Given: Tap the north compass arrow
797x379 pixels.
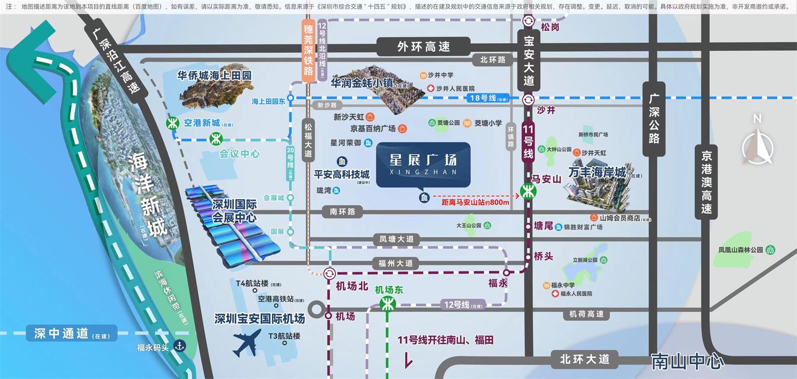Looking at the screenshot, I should pyautogui.click(x=757, y=146).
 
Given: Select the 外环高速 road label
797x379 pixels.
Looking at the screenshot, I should pyautogui.click(x=423, y=47).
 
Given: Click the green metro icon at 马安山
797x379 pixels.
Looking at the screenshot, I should pyautogui.click(x=528, y=191).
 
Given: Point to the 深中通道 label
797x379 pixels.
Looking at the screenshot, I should pyautogui.click(x=62, y=333).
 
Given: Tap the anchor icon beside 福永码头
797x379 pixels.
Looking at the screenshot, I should pyautogui.click(x=179, y=346).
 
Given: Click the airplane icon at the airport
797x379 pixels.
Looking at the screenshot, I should pyautogui.click(x=247, y=342).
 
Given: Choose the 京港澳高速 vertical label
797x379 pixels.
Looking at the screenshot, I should pyautogui.click(x=706, y=182).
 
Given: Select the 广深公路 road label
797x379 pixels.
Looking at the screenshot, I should pyautogui.click(x=654, y=119).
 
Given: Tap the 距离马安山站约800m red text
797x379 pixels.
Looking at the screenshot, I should pyautogui.click(x=475, y=202).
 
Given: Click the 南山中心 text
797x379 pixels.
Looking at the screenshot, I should pyautogui.click(x=687, y=362).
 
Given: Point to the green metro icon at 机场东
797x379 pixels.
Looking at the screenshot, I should pyautogui.click(x=388, y=304).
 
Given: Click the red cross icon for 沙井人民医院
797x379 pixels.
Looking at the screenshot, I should pyautogui.click(x=431, y=89).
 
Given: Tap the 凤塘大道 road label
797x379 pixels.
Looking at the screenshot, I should pyautogui.click(x=396, y=239).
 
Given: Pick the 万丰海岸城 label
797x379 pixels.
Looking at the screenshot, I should pyautogui.click(x=597, y=173).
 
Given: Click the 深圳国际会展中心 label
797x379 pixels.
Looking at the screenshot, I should pyautogui.click(x=234, y=211).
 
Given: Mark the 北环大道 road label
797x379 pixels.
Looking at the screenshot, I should pyautogui.click(x=584, y=359).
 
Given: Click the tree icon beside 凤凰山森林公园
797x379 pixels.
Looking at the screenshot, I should pyautogui.click(x=770, y=250).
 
